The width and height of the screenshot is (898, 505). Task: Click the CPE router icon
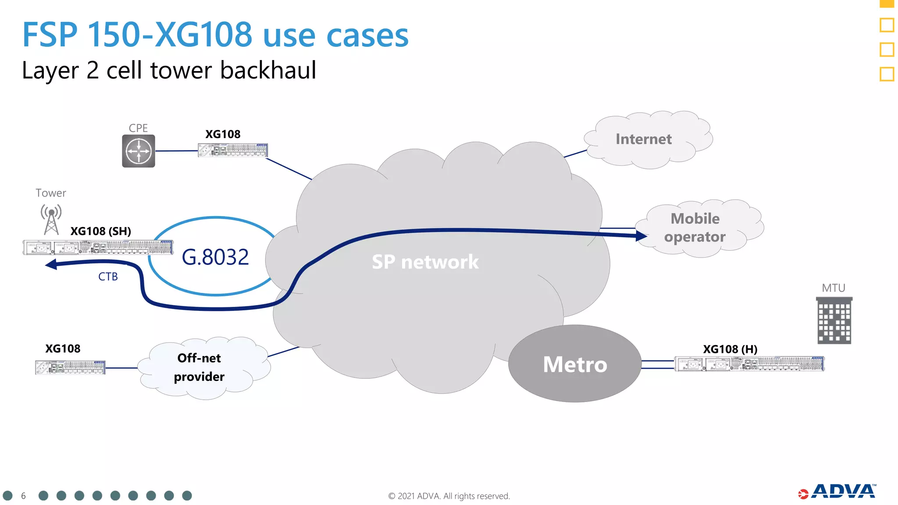tap(139, 151)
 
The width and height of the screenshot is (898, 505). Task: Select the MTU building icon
tap(834, 320)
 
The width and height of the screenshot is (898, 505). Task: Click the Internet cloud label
tap(643, 139)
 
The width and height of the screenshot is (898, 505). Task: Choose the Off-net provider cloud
tap(200, 367)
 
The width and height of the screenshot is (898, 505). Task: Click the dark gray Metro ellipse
tap(575, 364)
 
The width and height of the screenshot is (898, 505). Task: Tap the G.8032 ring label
tap(215, 257)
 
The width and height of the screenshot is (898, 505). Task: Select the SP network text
tap(425, 262)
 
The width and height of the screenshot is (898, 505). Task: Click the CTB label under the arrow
tap(108, 277)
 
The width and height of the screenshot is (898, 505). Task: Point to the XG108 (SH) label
tap(101, 231)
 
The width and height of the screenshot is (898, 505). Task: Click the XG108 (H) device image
tap(749, 364)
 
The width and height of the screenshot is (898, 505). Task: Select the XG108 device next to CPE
tap(233, 150)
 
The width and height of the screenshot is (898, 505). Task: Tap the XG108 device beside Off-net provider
tap(70, 367)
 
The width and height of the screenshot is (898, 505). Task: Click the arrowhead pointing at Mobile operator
tap(641, 236)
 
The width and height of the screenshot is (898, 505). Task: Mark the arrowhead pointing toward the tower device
tap(51, 264)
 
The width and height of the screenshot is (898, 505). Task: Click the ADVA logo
tap(837, 492)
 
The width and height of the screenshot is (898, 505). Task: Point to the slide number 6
tap(23, 496)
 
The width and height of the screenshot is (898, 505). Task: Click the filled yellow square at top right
tap(887, 4)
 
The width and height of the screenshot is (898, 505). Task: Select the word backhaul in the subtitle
tap(268, 71)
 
